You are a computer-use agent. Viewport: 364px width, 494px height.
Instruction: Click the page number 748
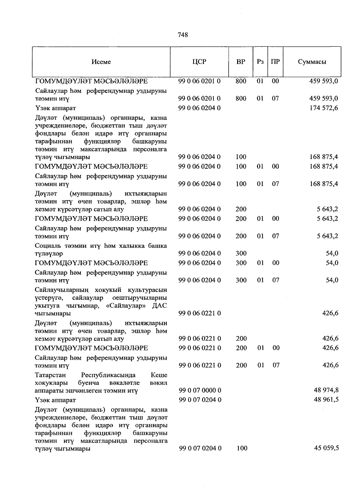pyautogui.click(x=183, y=35)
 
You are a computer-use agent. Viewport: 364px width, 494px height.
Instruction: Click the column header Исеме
pyautogui.click(x=101, y=62)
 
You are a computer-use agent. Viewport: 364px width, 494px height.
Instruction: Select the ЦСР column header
pyautogui.click(x=199, y=62)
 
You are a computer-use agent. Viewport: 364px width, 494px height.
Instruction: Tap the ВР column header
pyautogui.click(x=241, y=62)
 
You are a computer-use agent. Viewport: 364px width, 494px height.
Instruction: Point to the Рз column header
pyautogui.click(x=260, y=62)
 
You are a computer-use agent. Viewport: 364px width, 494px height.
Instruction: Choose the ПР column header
pyautogui.click(x=275, y=62)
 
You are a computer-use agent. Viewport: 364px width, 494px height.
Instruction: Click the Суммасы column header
pyautogui.click(x=312, y=62)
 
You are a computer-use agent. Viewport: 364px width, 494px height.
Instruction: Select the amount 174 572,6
pyautogui.click(x=324, y=108)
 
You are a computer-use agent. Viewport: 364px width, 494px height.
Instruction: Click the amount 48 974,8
pyautogui.click(x=326, y=390)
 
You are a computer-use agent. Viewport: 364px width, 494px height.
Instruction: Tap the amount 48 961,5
pyautogui.click(x=326, y=400)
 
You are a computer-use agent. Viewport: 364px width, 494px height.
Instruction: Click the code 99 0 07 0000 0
pyautogui.click(x=200, y=390)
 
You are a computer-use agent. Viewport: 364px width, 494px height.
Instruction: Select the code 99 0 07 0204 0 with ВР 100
pyautogui.click(x=200, y=448)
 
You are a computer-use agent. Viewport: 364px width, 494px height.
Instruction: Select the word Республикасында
pyautogui.click(x=108, y=375)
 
